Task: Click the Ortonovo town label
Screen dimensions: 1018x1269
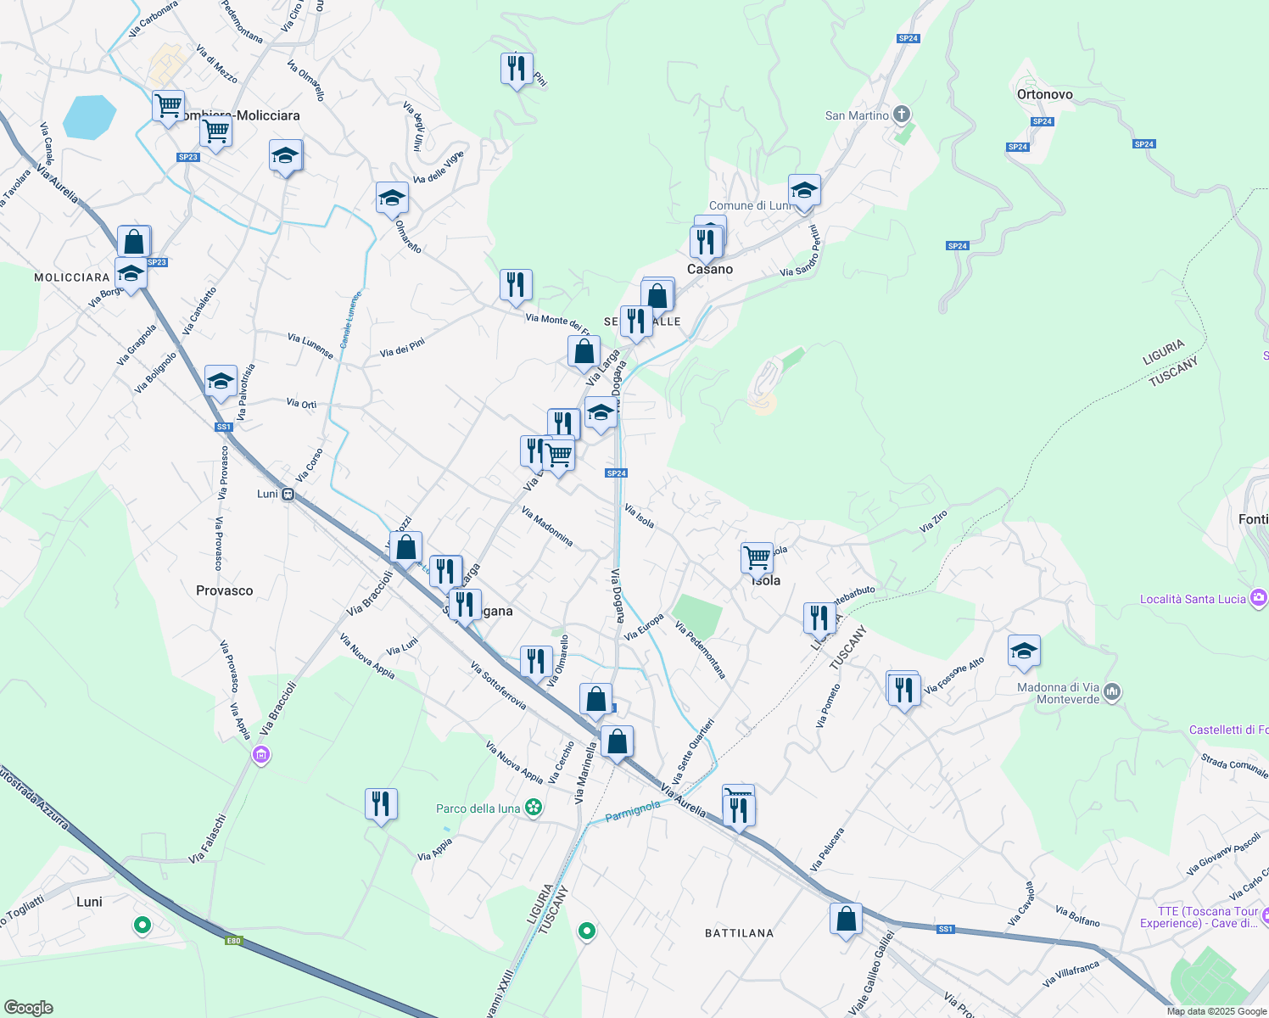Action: click(x=1044, y=95)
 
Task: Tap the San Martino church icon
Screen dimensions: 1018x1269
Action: click(x=902, y=115)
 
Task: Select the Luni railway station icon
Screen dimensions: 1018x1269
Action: click(x=288, y=495)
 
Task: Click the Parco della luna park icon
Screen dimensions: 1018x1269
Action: click(x=534, y=808)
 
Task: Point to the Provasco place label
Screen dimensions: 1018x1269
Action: click(x=224, y=590)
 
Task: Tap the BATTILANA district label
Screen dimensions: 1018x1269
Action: click(x=739, y=933)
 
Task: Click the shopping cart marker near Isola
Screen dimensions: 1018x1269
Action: click(x=757, y=558)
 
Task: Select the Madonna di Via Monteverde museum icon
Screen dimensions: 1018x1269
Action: click(x=1113, y=693)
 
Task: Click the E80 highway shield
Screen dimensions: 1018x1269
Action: click(x=234, y=940)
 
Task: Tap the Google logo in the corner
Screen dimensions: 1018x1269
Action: click(x=28, y=1008)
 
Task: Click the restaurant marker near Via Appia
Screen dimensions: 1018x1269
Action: click(x=381, y=803)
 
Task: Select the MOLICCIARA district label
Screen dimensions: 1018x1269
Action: click(x=72, y=277)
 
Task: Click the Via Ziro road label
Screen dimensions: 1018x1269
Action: click(x=933, y=521)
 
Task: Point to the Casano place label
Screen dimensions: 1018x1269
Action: click(x=710, y=270)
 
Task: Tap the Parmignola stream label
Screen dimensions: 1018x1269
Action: click(x=633, y=811)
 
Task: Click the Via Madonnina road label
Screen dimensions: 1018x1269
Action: click(x=547, y=526)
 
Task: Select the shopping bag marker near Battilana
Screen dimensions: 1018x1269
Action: click(x=846, y=919)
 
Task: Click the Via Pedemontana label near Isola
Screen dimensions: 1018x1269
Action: click(x=701, y=650)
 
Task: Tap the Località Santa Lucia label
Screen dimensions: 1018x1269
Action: click(x=1193, y=599)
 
